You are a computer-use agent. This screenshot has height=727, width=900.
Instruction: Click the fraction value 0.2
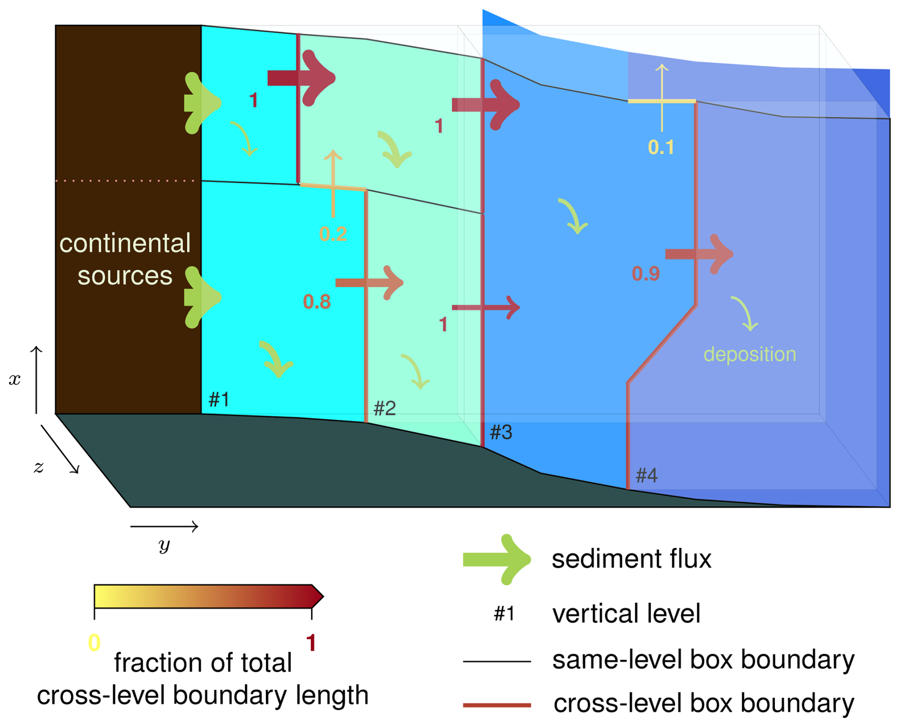333,234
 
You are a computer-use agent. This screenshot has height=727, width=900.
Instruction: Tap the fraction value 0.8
317,302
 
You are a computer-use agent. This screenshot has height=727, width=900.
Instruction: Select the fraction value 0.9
646,274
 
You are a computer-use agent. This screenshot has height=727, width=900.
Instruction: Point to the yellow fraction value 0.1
661,148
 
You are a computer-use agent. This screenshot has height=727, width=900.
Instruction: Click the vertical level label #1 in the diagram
219,399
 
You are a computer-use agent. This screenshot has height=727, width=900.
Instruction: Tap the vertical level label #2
384,408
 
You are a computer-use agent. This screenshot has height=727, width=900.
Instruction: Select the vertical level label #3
501,432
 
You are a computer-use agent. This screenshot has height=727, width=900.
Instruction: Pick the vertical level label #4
646,475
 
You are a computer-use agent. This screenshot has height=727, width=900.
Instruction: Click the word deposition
749,354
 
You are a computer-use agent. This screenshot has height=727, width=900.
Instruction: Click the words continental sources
125,259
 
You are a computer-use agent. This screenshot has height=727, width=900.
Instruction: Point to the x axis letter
15,379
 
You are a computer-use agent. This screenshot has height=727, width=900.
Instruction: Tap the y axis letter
164,545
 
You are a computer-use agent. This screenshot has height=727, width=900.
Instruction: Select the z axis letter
39,467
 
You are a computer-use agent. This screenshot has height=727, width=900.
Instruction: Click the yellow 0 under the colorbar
94,643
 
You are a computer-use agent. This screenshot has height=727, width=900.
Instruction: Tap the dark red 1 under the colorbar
311,643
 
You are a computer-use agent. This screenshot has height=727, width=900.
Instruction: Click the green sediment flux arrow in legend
497,559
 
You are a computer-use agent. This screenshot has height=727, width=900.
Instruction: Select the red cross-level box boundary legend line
497,705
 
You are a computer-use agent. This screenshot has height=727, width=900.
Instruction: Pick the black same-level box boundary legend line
497,661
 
